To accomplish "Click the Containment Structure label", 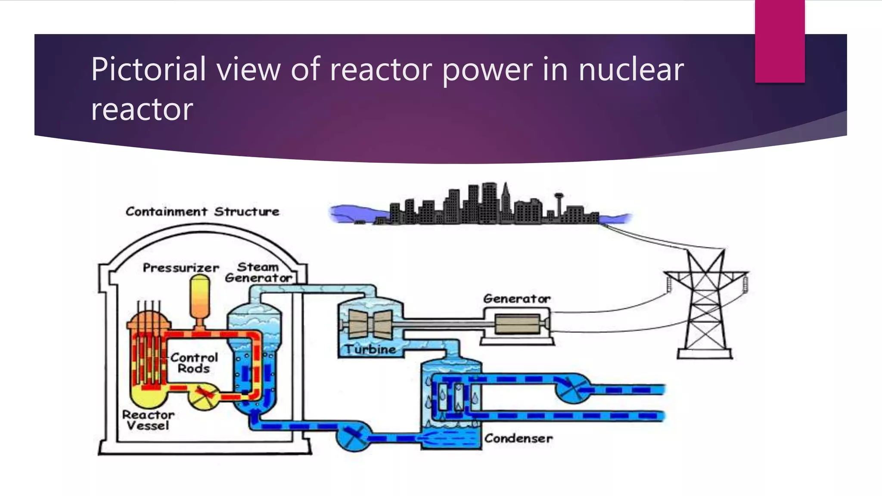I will (x=202, y=211).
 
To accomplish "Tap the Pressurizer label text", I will (x=181, y=268).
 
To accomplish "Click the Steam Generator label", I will (x=258, y=273).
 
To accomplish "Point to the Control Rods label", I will (x=194, y=363).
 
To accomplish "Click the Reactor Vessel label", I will (x=148, y=420).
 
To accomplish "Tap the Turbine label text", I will (x=370, y=349).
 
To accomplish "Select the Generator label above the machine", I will (x=516, y=298).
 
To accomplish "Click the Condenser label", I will (x=518, y=438).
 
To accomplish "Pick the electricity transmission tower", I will (x=705, y=306).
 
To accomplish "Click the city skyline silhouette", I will (x=487, y=207).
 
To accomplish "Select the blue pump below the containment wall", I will (x=353, y=436).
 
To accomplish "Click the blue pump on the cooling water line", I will (x=571, y=388).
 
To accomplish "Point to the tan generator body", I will (x=517, y=324).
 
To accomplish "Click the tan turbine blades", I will (x=370, y=324).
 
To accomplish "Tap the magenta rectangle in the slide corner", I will (x=780, y=41).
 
